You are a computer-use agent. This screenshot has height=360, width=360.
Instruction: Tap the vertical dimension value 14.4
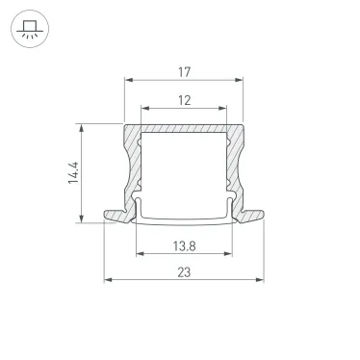tap(73, 173)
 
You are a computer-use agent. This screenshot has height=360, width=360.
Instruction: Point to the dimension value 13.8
tap(183, 245)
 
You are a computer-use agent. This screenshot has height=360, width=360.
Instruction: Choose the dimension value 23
tap(183, 272)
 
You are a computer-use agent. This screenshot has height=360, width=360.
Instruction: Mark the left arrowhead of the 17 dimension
tap(128, 80)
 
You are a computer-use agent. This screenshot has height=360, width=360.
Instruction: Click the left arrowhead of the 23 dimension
tap(107, 281)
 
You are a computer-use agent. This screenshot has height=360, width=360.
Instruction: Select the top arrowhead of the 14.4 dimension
tap(86, 126)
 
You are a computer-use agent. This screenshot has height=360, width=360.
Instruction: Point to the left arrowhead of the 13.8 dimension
tap(138, 255)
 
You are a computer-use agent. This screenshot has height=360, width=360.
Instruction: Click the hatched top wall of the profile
tap(183, 131)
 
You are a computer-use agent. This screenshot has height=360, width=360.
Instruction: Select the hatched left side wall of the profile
tap(133, 168)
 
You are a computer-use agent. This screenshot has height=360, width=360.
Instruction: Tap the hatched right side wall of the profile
tap(234, 168)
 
